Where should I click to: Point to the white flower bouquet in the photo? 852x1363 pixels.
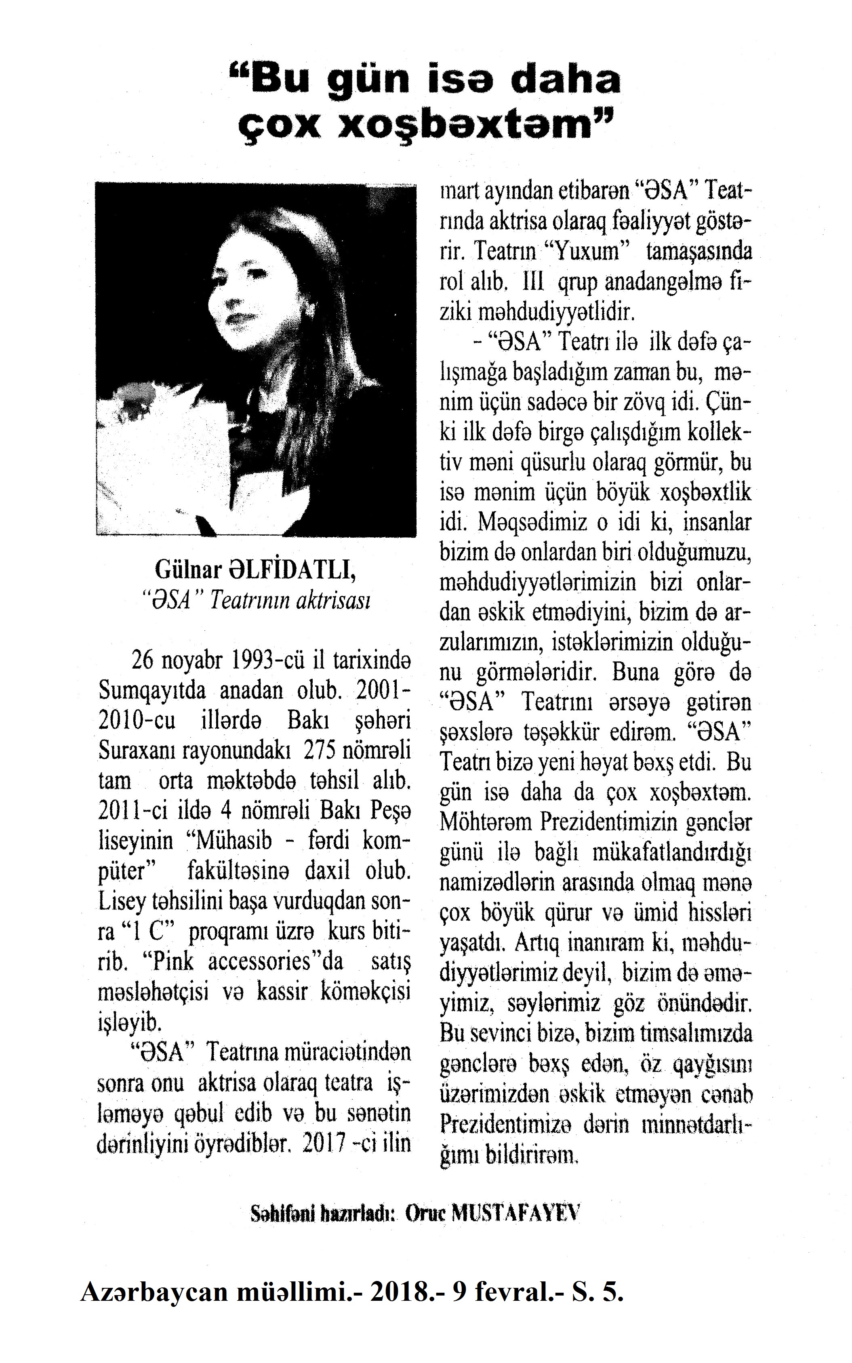point(155,445)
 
